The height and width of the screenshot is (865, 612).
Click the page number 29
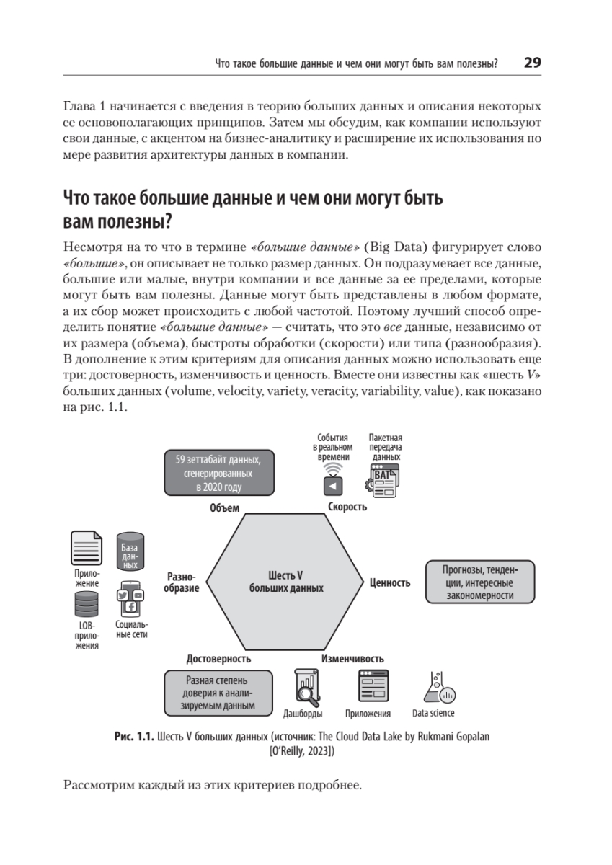point(532,63)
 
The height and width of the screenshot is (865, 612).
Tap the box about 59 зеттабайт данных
point(218,473)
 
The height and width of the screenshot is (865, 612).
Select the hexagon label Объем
point(224,508)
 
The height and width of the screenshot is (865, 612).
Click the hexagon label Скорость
point(347,507)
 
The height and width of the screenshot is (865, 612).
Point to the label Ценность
point(390,582)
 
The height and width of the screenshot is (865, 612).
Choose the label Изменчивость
point(352,659)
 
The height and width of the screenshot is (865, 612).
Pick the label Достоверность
point(218,659)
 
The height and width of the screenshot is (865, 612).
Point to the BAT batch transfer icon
point(382,479)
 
